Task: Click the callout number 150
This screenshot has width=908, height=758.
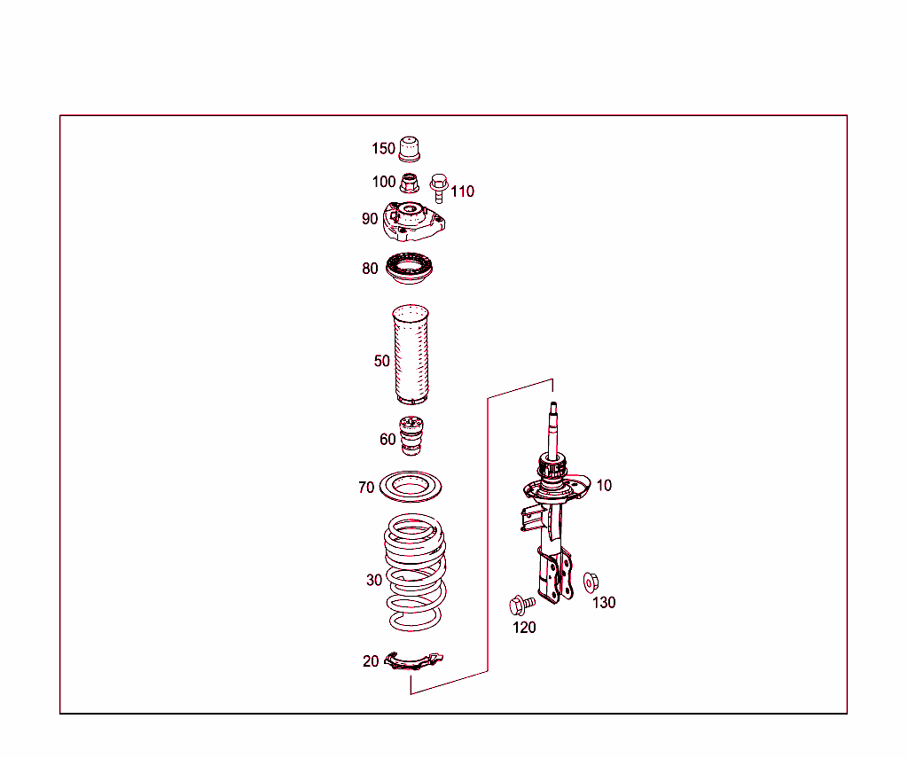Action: tap(383, 149)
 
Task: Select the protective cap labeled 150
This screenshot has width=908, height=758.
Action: tap(409, 149)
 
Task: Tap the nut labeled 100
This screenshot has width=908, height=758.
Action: tap(409, 184)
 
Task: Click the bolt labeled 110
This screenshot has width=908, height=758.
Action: tap(437, 186)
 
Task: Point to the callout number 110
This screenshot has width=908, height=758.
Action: tap(462, 191)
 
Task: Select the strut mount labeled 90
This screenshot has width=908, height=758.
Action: tap(414, 223)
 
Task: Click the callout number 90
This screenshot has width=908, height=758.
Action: tap(370, 219)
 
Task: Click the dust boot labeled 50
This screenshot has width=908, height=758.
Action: tap(411, 355)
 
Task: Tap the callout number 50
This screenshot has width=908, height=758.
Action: tap(381, 361)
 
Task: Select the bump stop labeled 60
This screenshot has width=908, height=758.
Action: tap(411, 435)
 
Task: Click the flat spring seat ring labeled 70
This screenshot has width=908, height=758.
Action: tap(411, 487)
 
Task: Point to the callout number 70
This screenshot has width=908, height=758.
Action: tap(366, 488)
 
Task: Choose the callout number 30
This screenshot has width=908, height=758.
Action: tap(374, 581)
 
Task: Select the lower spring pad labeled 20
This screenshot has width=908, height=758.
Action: tap(414, 660)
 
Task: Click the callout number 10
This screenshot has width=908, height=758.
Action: tap(604, 486)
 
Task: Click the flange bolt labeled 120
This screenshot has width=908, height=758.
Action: tap(521, 606)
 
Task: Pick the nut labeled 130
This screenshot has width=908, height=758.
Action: tap(591, 582)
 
